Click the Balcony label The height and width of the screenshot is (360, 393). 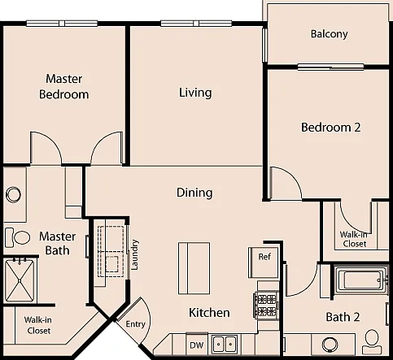(x=329, y=34)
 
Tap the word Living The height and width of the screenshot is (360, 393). (x=195, y=93)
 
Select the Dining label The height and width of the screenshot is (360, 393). (x=194, y=193)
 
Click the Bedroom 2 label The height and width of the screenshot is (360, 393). (x=331, y=128)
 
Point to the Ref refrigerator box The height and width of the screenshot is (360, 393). (x=264, y=262)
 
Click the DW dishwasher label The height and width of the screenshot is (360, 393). (x=197, y=345)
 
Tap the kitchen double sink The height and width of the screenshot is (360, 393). (x=225, y=344)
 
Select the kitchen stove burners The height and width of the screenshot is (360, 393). (x=266, y=305)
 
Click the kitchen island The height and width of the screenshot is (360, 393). (x=194, y=268)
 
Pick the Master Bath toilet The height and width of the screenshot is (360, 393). (x=18, y=237)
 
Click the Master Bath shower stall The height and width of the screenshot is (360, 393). (x=20, y=280)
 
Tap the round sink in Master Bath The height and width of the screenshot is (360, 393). (x=13, y=194)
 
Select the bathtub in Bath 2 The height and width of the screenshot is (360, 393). (x=361, y=280)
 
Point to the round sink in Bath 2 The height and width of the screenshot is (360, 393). (x=330, y=344)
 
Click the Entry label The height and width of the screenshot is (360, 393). (x=136, y=324)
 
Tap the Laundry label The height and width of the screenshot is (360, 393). (x=134, y=254)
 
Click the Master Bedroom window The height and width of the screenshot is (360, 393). (x=62, y=24)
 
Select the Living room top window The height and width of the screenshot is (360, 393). (x=196, y=24)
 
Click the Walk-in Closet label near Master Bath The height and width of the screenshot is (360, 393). (x=38, y=325)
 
